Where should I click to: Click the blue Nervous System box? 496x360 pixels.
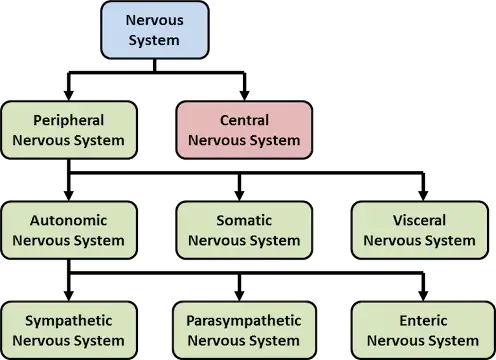tap(154, 30)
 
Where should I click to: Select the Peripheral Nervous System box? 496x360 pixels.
tap(69, 130)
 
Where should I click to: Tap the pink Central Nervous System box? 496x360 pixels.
tap(244, 130)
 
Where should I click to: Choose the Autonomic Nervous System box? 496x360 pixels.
tap(69, 230)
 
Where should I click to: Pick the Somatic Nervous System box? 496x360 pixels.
tap(244, 230)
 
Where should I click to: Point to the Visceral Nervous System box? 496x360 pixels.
tap(419, 230)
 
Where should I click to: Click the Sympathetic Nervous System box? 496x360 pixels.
tap(69, 331)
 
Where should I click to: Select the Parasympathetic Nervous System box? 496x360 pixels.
tap(244, 331)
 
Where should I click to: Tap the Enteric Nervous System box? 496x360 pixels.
tap(419, 331)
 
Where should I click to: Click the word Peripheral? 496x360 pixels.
tap(69, 120)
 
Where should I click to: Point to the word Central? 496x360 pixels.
tap(244, 120)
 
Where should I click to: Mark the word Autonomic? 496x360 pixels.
tap(69, 220)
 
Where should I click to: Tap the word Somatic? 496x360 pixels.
tap(244, 220)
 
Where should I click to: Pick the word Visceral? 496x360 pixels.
tap(419, 220)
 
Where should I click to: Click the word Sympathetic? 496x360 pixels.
tap(69, 321)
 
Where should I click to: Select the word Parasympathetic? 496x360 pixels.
tap(244, 321)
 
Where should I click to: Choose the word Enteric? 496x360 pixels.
tap(419, 321)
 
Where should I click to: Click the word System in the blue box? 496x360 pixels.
tap(154, 41)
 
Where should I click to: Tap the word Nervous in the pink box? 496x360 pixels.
tap(217, 141)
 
